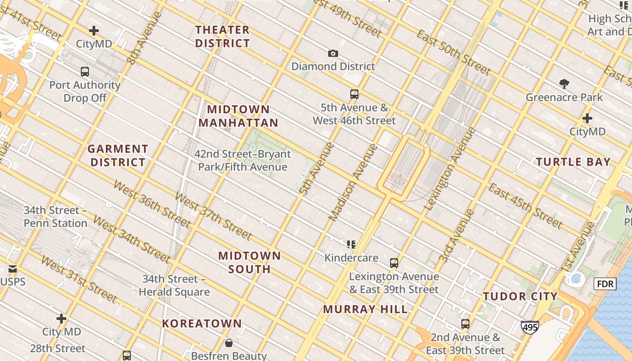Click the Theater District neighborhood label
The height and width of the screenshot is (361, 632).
[222, 37]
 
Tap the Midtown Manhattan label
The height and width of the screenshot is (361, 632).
[238, 116]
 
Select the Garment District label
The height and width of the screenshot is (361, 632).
[117, 155]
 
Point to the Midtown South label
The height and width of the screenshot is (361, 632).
[249, 262]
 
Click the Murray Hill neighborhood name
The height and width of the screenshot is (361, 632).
[365, 309]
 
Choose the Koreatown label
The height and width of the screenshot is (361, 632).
[202, 324]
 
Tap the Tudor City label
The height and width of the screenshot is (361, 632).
[520, 296]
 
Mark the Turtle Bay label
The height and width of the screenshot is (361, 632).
[573, 162]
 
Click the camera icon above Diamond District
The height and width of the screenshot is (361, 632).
[333, 54]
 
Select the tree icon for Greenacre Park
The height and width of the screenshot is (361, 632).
[564, 83]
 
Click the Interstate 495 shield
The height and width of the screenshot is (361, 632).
[530, 327]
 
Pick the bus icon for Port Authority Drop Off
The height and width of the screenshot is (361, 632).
[85, 71]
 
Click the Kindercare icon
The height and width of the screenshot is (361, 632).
[351, 245]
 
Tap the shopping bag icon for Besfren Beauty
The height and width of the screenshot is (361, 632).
[229, 343]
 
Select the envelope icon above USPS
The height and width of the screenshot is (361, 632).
[12, 269]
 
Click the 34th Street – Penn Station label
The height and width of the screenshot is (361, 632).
[56, 217]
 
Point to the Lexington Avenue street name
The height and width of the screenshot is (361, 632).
[450, 168]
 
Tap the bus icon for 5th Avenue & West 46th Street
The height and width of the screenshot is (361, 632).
[354, 94]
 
